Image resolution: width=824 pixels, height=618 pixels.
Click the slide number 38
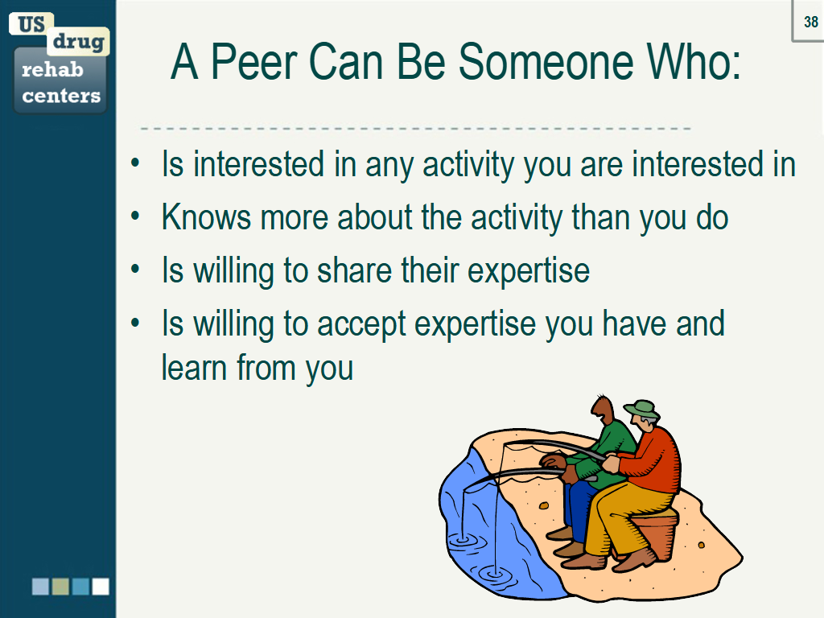pos(811,22)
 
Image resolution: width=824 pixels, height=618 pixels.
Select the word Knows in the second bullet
pos(206,216)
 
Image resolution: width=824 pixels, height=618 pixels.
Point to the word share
pos(354,270)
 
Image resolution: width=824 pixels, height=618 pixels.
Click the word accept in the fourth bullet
pos(361,324)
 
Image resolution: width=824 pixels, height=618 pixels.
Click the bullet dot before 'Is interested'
pos(135,163)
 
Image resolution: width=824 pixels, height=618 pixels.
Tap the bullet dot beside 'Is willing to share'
pos(135,270)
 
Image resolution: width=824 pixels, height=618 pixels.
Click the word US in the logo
pos(31,24)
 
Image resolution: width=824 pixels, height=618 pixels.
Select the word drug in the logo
pos(78,42)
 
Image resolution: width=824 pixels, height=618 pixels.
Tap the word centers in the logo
pos(61,96)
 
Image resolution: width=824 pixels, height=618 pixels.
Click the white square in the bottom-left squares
pos(101,587)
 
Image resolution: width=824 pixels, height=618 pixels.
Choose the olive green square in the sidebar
pos(60,587)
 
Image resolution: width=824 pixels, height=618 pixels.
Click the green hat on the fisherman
pos(642,409)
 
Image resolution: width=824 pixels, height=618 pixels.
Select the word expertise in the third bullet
pos(529,271)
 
